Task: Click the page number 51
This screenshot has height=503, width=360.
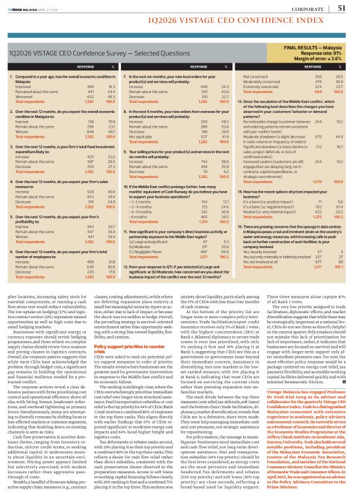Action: tap(342, 8)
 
